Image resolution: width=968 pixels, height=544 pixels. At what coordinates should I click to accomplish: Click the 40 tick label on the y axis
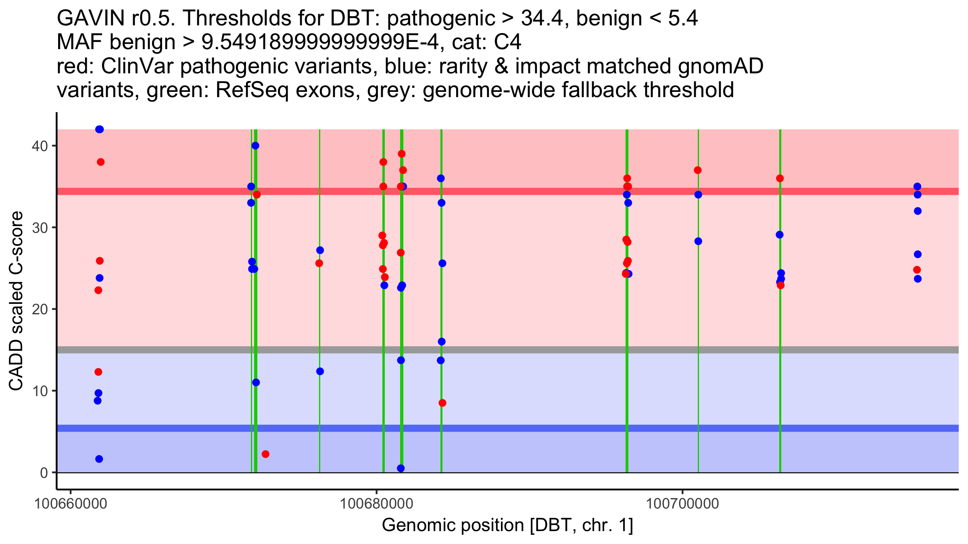click(40, 146)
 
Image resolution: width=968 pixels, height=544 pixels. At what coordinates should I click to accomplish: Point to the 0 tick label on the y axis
click(44, 473)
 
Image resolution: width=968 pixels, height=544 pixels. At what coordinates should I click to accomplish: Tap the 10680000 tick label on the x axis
click(376, 504)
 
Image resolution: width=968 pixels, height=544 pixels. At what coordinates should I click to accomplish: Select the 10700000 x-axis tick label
click(682, 504)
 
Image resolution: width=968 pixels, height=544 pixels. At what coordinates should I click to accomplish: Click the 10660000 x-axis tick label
click(71, 504)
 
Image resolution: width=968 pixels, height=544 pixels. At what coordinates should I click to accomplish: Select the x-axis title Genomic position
click(507, 525)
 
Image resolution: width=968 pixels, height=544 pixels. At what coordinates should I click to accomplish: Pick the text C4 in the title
click(507, 42)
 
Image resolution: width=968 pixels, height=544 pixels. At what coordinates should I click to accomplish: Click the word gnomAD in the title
click(720, 66)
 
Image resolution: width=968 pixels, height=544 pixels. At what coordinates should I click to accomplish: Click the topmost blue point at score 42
click(100, 129)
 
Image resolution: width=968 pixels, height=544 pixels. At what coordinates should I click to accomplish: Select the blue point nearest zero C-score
click(401, 468)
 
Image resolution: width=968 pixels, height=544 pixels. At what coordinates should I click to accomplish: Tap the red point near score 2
click(265, 454)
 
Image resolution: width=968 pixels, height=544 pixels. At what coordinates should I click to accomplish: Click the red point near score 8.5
click(442, 403)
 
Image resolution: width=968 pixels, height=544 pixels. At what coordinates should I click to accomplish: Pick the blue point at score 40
click(255, 145)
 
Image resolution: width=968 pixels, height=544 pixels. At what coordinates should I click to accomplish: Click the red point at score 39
click(401, 154)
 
